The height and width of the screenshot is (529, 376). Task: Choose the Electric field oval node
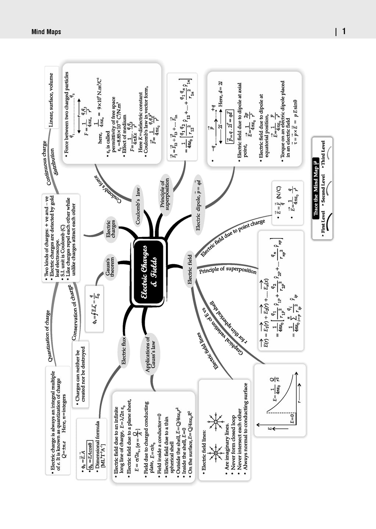tap(190, 269)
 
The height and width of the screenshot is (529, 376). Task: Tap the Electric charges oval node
tap(111, 229)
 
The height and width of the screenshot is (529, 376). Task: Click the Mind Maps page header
tap(46, 32)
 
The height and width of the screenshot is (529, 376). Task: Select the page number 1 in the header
tap(344, 32)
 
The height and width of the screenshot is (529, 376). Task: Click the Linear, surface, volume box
tap(51, 100)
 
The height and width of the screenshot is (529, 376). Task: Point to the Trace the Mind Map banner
tap(315, 187)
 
